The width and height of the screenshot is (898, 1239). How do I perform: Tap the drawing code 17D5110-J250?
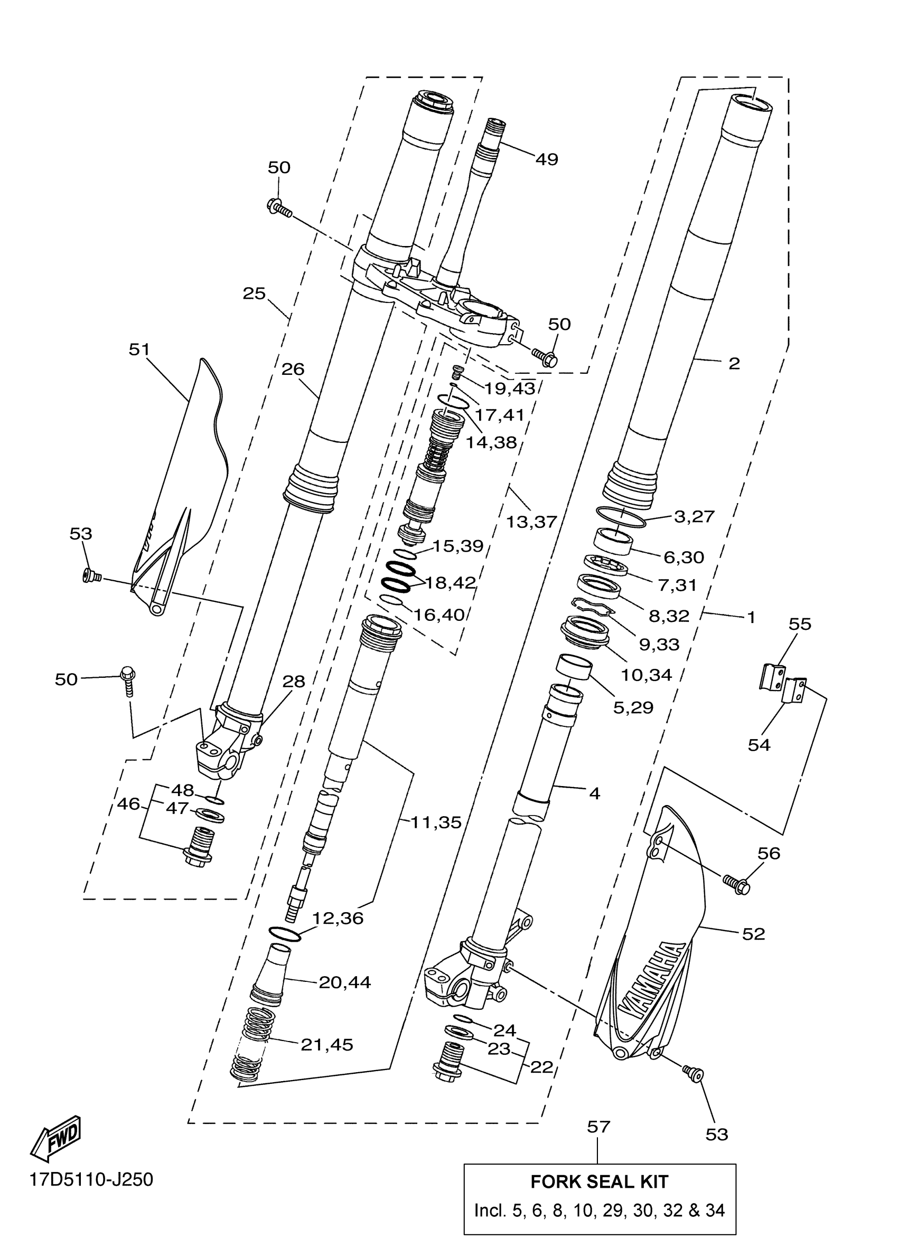pyautogui.click(x=91, y=1179)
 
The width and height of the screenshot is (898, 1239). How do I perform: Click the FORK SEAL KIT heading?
pyautogui.click(x=599, y=1181)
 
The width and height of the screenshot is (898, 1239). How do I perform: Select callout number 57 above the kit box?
pyautogui.click(x=598, y=1127)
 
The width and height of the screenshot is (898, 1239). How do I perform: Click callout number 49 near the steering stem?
pyautogui.click(x=547, y=159)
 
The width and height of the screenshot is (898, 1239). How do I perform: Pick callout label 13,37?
pyautogui.click(x=531, y=522)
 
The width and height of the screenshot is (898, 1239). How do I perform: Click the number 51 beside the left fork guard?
pyautogui.click(x=139, y=349)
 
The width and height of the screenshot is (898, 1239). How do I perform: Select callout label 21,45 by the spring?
pyautogui.click(x=327, y=1045)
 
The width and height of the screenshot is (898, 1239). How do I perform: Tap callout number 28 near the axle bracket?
pyautogui.click(x=294, y=681)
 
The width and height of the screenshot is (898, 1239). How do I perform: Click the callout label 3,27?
pyautogui.click(x=694, y=516)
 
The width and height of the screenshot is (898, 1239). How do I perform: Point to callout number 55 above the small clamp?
pyautogui.click(x=800, y=624)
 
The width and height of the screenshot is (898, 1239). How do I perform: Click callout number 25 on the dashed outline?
pyautogui.click(x=254, y=294)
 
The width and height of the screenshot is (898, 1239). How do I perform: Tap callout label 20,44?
pyautogui.click(x=345, y=982)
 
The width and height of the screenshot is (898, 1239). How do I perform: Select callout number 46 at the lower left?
pyautogui.click(x=128, y=803)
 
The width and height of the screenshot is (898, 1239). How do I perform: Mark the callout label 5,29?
pyautogui.click(x=633, y=707)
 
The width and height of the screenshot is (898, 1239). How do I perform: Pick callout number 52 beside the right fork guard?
pyautogui.click(x=753, y=934)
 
